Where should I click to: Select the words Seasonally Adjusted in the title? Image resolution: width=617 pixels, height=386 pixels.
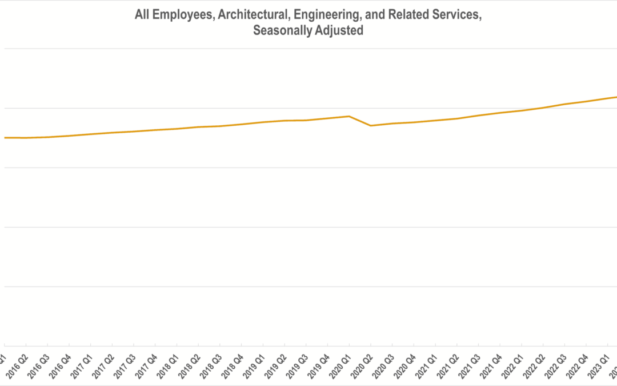click(x=308, y=31)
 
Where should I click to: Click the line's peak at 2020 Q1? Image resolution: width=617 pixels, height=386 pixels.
click(x=349, y=116)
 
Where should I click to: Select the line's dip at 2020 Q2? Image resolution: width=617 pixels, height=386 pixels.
click(x=371, y=126)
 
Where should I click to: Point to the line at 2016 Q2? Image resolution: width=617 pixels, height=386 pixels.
click(x=26, y=138)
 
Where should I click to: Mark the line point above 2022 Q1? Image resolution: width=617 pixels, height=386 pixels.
click(x=522, y=110)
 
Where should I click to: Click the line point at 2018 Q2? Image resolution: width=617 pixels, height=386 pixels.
click(x=198, y=127)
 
